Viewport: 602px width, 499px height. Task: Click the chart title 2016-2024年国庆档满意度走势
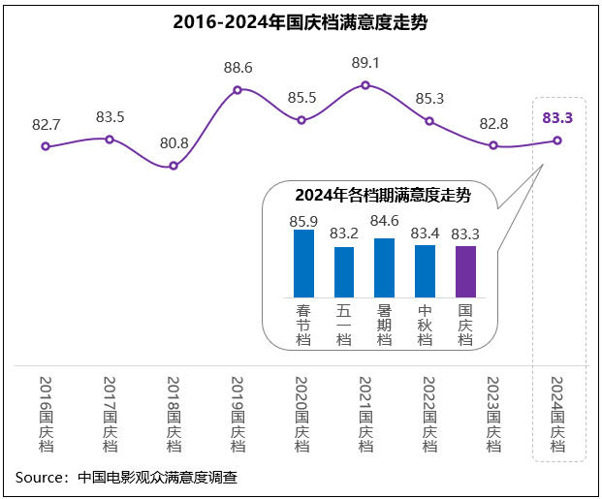[301, 22]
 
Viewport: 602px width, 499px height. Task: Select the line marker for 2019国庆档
[238, 91]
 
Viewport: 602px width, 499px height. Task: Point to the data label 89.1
[365, 63]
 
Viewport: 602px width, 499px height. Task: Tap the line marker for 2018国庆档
[174, 166]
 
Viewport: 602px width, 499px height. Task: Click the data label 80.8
[174, 143]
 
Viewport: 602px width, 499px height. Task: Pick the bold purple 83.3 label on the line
[557, 118]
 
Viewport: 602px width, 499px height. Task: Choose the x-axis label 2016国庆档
[46, 414]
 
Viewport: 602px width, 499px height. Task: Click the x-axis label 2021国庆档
[365, 414]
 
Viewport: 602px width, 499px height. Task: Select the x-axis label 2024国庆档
[557, 414]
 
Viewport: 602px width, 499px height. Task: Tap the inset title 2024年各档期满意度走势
[382, 196]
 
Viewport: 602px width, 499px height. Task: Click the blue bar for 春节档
[304, 264]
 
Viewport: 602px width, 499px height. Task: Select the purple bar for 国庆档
[465, 271]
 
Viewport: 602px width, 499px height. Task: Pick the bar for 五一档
[344, 272]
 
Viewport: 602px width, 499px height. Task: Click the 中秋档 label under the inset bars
[425, 324]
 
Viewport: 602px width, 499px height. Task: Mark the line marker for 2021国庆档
[365, 85]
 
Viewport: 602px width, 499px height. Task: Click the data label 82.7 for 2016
[46, 125]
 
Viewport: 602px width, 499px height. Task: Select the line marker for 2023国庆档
[493, 145]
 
